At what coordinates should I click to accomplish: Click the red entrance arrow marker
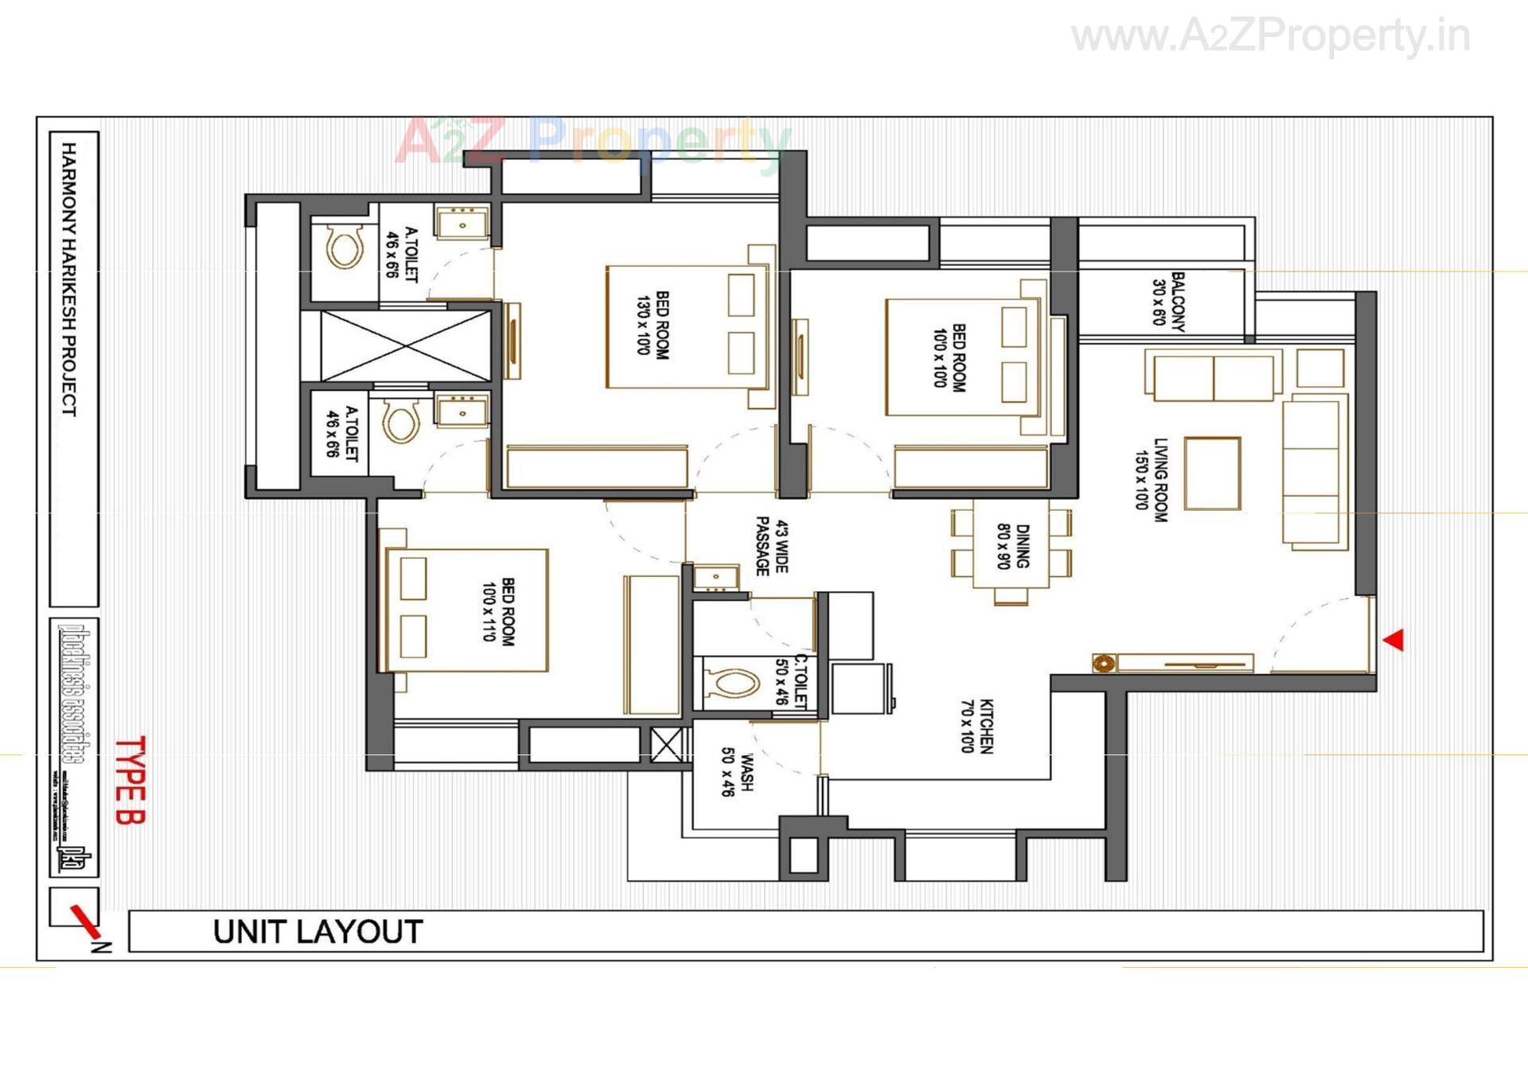click(x=1394, y=640)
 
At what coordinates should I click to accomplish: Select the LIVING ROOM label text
click(x=1151, y=480)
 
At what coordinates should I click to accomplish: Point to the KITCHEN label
click(x=976, y=726)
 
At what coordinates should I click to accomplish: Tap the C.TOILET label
click(x=792, y=681)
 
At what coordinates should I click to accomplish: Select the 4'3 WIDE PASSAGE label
click(x=771, y=546)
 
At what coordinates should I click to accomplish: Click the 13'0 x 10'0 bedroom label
click(x=653, y=324)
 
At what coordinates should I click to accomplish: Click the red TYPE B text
click(x=130, y=780)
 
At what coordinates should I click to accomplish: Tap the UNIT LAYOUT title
click(x=318, y=932)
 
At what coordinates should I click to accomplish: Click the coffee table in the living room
click(x=1211, y=473)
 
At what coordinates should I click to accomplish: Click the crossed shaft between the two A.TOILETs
click(x=405, y=346)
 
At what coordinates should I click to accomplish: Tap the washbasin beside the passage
click(x=716, y=576)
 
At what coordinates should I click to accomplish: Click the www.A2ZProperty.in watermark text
click(x=1270, y=37)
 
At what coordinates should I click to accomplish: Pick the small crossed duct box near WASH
click(x=666, y=743)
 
